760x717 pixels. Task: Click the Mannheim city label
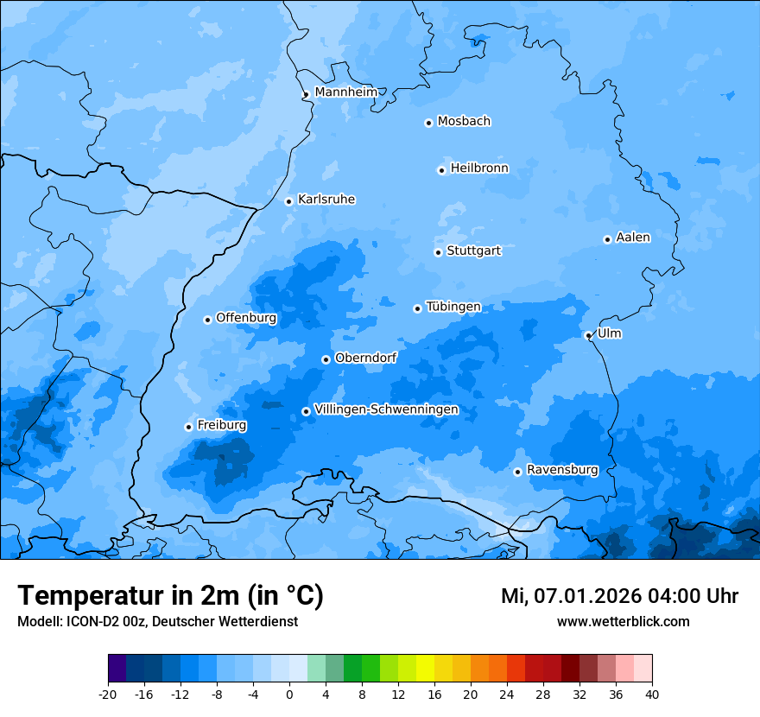tap(345, 92)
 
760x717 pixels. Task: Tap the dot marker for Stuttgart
tap(438, 252)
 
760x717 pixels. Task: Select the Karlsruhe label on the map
tap(326, 200)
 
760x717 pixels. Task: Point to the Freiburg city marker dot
tap(188, 427)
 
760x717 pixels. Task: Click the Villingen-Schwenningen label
tap(386, 409)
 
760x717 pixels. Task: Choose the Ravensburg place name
tap(562, 470)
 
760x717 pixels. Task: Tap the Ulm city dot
tap(588, 335)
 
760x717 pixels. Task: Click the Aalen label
tap(633, 238)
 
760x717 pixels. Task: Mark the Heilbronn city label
tap(479, 168)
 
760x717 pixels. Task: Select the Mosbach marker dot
tap(428, 123)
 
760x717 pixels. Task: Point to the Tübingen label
tap(453, 307)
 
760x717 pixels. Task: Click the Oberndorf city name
tap(365, 358)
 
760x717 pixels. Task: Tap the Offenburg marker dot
tap(207, 320)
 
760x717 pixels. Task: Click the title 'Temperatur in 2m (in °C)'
tap(170, 595)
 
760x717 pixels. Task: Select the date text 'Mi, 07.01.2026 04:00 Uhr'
tap(619, 596)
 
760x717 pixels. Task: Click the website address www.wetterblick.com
tap(623, 621)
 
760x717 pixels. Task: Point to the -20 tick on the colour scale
tap(108, 694)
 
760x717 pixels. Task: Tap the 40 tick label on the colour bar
tap(651, 694)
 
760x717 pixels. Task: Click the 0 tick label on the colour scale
tap(289, 694)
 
